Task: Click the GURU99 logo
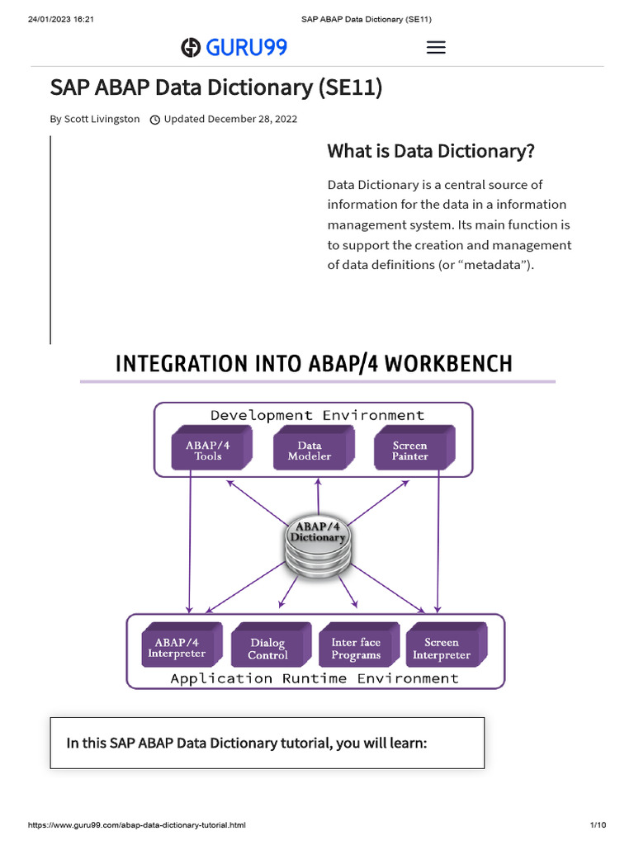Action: (x=234, y=48)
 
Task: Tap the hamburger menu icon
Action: (x=436, y=48)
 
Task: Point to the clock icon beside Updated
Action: (x=154, y=120)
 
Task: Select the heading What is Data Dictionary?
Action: (x=431, y=151)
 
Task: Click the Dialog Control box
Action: (x=269, y=648)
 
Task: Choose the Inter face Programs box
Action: (x=357, y=648)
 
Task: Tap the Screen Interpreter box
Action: (x=442, y=648)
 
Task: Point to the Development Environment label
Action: (x=317, y=415)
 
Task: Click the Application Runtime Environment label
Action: (x=314, y=678)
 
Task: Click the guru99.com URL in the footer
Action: (x=137, y=825)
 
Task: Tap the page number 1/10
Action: (x=598, y=825)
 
